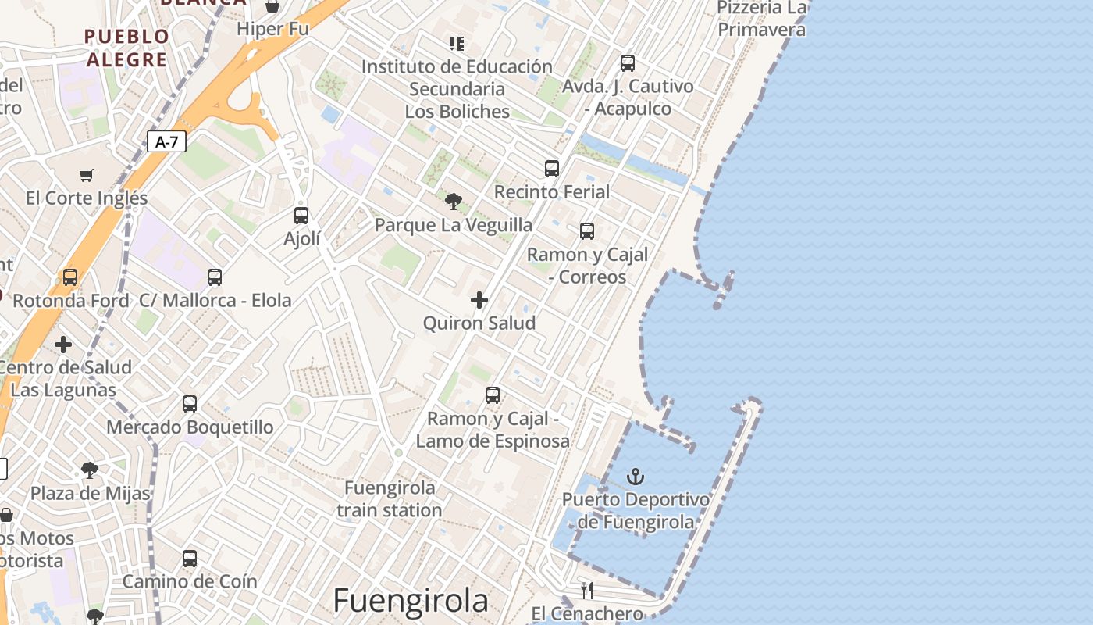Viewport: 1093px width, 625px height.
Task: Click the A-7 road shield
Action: point(166,141)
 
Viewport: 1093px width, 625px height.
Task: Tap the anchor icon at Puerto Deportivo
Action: point(636,476)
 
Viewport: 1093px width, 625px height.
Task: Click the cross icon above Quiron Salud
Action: point(479,300)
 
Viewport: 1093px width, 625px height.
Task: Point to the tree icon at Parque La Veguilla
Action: point(453,202)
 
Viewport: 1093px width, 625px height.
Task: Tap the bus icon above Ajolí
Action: point(301,215)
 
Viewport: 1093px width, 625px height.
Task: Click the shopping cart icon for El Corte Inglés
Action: point(87,176)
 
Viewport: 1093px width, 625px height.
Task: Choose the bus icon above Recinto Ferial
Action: point(552,168)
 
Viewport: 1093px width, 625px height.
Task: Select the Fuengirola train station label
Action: point(390,498)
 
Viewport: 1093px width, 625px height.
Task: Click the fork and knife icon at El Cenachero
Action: point(587,590)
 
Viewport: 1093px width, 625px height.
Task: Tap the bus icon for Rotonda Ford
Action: point(70,277)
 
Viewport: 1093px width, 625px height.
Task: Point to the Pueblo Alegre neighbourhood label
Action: point(126,48)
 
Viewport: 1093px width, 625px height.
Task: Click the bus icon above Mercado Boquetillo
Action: point(190,404)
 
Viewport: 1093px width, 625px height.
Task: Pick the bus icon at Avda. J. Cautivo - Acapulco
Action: point(628,63)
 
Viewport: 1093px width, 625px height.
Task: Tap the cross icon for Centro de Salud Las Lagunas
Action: point(63,345)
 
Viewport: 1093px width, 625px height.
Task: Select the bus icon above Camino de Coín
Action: point(190,559)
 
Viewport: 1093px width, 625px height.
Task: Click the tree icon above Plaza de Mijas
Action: point(90,470)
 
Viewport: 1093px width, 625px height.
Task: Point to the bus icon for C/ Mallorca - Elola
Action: point(215,277)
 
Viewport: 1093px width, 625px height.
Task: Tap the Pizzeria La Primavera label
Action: point(761,19)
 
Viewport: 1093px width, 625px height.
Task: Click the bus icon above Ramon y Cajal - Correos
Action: point(587,231)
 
